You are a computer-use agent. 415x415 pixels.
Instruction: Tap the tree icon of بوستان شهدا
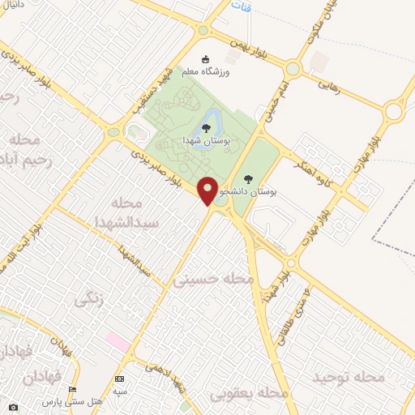[206, 127]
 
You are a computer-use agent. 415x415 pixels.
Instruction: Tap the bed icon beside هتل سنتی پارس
[73, 391]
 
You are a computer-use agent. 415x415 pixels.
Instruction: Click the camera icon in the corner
[12, 406]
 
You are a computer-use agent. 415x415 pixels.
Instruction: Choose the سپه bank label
[120, 391]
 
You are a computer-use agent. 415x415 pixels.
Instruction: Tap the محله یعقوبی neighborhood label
[250, 393]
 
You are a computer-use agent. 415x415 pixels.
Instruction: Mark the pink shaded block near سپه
[117, 340]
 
